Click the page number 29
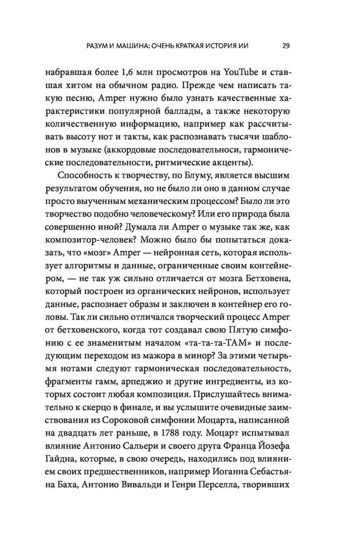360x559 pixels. point(286,46)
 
